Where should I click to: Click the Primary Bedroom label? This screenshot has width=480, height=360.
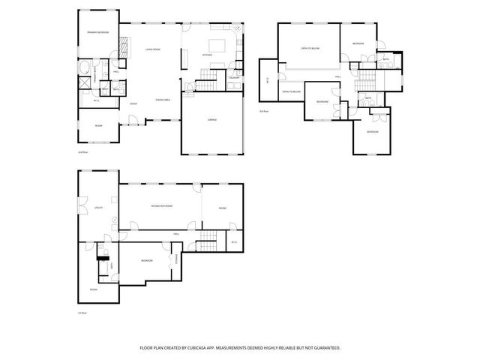pyautogui.click(x=97, y=33)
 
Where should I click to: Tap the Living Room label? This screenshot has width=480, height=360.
pyautogui.click(x=153, y=49)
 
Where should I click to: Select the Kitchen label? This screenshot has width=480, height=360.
pyautogui.click(x=208, y=55)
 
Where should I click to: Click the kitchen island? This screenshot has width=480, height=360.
pyautogui.click(x=216, y=43)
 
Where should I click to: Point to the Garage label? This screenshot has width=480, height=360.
pyautogui.click(x=212, y=119)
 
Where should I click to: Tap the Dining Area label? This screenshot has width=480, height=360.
pyautogui.click(x=162, y=100)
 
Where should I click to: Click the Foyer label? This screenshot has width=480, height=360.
pyautogui.click(x=133, y=103)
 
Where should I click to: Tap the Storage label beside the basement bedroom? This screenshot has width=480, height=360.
pyautogui.click(x=177, y=259)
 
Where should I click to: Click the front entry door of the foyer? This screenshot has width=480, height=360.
pyautogui.click(x=133, y=120)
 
